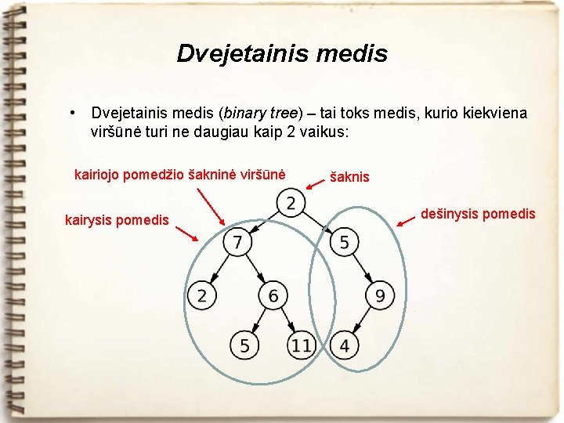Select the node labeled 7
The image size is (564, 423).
pyautogui.click(x=237, y=241)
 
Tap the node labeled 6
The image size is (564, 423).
pyautogui.click(x=273, y=295)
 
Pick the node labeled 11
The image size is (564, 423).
pyautogui.click(x=301, y=344)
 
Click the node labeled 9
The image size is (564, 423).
pyautogui.click(x=379, y=295)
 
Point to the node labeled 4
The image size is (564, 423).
pyautogui.click(x=344, y=344)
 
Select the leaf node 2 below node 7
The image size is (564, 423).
pyautogui.click(x=201, y=295)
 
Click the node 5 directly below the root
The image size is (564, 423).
pyautogui.click(x=344, y=241)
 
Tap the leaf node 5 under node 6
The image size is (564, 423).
pyautogui.click(x=244, y=344)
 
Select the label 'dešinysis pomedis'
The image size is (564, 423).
pyautogui.click(x=478, y=213)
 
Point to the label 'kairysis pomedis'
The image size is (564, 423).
pyautogui.click(x=117, y=219)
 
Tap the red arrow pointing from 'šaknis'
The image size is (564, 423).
pyautogui.click(x=316, y=183)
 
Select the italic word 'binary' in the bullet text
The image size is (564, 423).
pyautogui.click(x=243, y=113)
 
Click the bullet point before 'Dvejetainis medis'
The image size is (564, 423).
pyautogui.click(x=72, y=113)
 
